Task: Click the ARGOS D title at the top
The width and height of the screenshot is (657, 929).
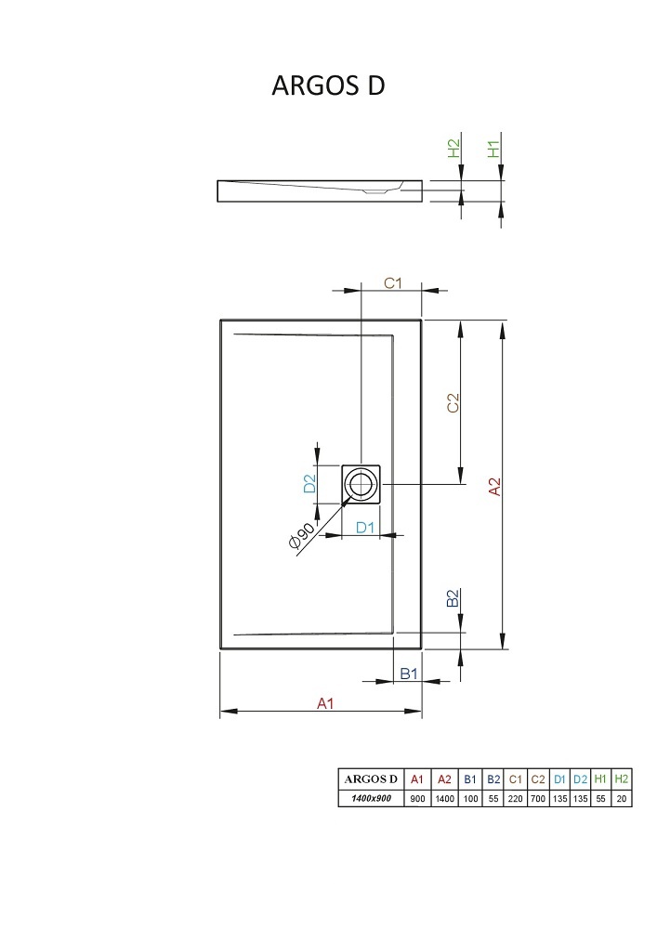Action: click(x=328, y=85)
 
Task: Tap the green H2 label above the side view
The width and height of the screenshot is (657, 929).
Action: click(x=453, y=148)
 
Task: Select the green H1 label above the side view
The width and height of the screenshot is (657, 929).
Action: click(x=493, y=149)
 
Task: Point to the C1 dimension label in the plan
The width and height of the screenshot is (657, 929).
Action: click(x=393, y=283)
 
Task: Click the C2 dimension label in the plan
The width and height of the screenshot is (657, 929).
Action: click(x=453, y=403)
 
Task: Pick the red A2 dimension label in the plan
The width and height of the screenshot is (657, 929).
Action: click(x=494, y=487)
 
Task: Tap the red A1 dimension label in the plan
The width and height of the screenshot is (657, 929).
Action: click(x=325, y=703)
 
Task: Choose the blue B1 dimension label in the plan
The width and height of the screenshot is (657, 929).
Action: click(x=409, y=673)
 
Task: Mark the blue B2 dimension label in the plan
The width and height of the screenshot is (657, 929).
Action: click(x=453, y=597)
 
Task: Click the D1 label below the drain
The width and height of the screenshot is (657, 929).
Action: click(x=365, y=528)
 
